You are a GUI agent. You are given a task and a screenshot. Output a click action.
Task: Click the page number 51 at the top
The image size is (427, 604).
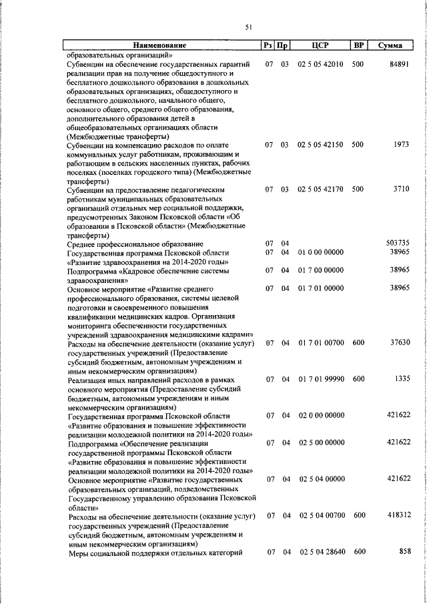(249, 27)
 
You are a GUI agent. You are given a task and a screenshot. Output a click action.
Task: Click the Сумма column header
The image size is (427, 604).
(390, 46)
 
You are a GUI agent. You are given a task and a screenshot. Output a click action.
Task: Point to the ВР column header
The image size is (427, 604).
(358, 46)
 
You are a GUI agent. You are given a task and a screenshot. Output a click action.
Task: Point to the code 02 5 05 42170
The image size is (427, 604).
(320, 190)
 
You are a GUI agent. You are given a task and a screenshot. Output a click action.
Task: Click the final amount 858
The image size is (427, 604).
(403, 552)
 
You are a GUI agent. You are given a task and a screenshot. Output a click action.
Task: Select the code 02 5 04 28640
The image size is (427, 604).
(320, 552)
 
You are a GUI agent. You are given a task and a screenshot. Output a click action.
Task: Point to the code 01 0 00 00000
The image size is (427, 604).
(320, 253)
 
